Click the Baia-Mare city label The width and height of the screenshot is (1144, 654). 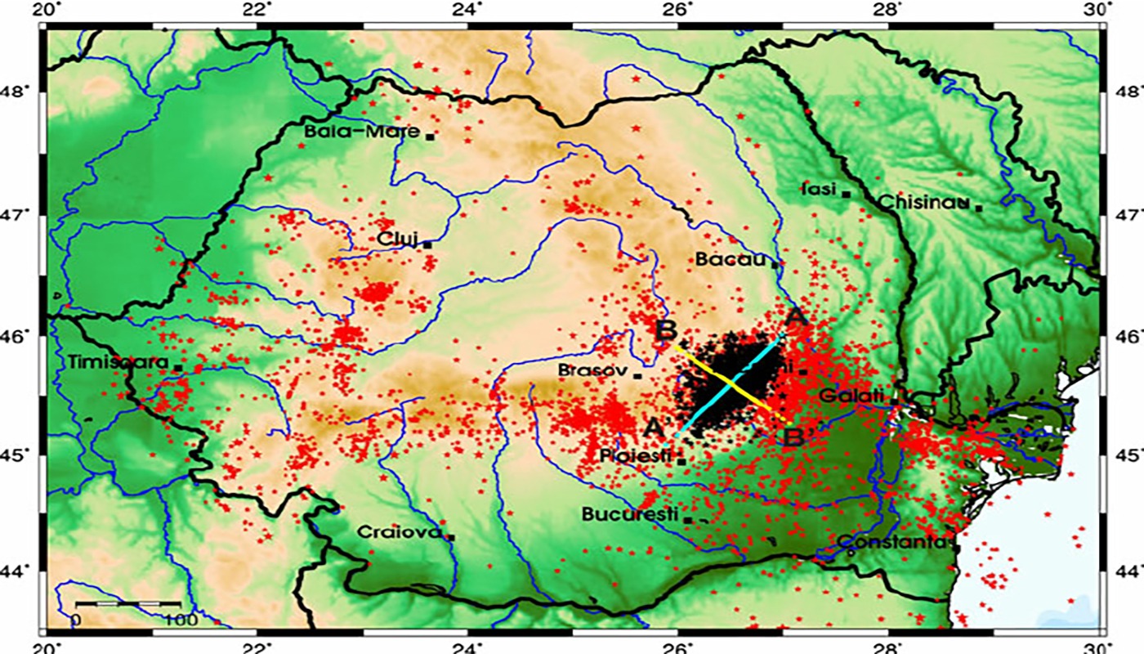point(361,132)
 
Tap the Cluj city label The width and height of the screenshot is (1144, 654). point(397,238)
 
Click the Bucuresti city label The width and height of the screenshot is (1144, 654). point(630,514)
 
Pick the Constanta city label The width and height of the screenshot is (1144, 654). point(892,541)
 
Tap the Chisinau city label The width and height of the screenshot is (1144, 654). point(923,201)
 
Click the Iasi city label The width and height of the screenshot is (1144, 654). point(819,190)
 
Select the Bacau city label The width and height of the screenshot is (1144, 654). point(732,259)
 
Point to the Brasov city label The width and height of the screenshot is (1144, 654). point(592,370)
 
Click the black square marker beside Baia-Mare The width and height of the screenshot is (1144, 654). point(429,137)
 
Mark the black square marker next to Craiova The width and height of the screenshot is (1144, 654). point(450,537)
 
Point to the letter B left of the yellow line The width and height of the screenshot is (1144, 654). point(665,331)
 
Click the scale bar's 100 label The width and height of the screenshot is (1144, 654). point(179,619)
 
